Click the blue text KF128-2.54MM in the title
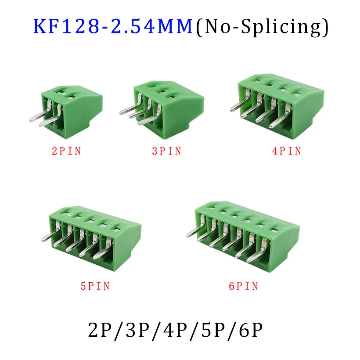113,27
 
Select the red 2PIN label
66,152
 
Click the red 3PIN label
166,152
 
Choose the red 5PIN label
94,286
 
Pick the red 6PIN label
243,286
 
